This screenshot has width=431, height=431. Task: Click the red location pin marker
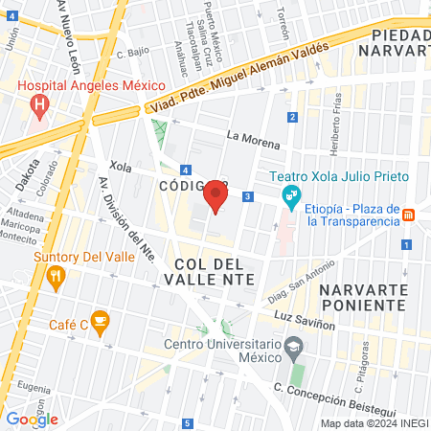[x=215, y=198]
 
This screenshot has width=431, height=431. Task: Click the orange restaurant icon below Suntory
[x=56, y=278]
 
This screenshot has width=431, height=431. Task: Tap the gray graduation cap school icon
[x=294, y=347]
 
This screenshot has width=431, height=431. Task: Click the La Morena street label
[x=253, y=139]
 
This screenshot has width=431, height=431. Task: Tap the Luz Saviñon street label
[x=304, y=316]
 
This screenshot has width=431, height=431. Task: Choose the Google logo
[x=32, y=419]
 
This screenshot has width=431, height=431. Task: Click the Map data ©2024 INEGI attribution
[x=373, y=423]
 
